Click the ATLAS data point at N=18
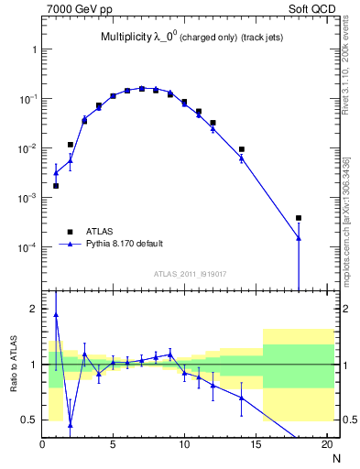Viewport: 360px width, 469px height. click(x=299, y=218)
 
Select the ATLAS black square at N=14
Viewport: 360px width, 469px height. click(x=242, y=149)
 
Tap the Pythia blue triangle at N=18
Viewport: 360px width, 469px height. click(x=299, y=238)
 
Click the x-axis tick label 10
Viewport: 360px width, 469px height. click(x=184, y=445)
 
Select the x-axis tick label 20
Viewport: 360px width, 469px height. click(x=326, y=445)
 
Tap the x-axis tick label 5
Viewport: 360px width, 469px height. click(x=113, y=445)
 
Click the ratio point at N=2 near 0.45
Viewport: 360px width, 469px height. click(x=71, y=425)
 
